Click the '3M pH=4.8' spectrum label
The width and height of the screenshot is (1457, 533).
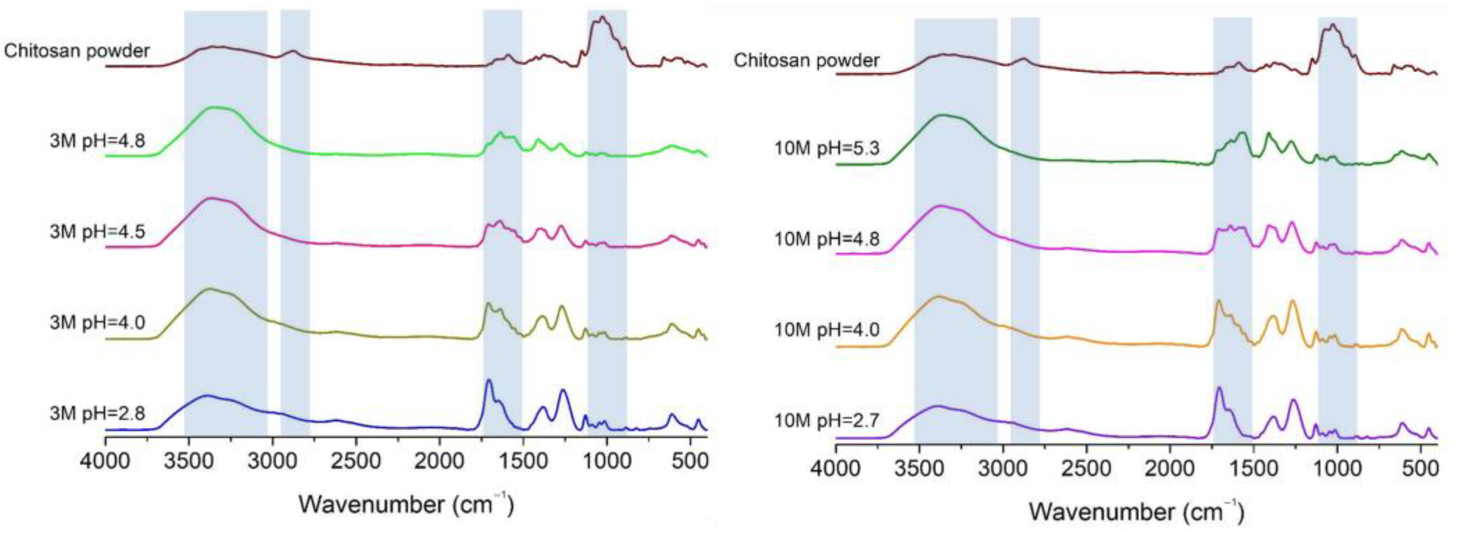click(x=97, y=140)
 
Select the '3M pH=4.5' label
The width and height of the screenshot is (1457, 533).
click(x=97, y=232)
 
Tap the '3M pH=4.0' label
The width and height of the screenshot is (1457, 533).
click(x=97, y=322)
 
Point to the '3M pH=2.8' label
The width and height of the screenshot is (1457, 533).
click(x=97, y=413)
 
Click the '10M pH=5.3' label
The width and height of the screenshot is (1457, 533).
click(x=826, y=149)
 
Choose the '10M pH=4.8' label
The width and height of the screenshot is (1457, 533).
click(x=826, y=239)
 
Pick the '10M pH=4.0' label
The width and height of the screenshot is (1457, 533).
click(x=826, y=330)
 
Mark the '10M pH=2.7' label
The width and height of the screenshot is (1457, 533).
click(x=826, y=420)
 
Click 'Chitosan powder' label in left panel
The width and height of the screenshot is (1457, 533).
click(x=77, y=51)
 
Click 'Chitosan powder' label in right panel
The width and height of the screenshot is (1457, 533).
click(x=806, y=60)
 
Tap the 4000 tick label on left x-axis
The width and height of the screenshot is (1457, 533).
click(x=105, y=461)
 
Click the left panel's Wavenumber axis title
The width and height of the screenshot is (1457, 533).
click(x=406, y=503)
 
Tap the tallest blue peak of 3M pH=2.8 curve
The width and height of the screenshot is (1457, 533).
click(x=489, y=381)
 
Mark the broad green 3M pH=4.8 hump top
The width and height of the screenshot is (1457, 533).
click(x=215, y=107)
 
